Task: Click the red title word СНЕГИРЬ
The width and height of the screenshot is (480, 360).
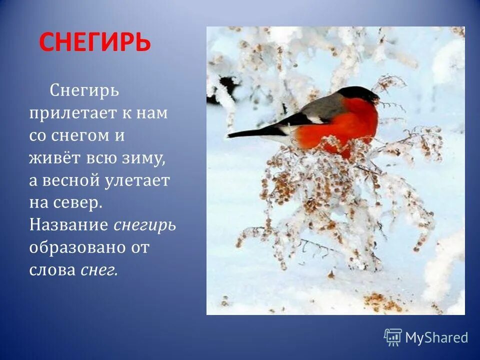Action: (x=94, y=42)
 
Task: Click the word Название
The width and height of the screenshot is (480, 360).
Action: (x=68, y=225)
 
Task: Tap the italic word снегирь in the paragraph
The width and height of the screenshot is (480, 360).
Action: (x=144, y=225)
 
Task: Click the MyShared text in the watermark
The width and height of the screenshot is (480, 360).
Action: (x=436, y=338)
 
